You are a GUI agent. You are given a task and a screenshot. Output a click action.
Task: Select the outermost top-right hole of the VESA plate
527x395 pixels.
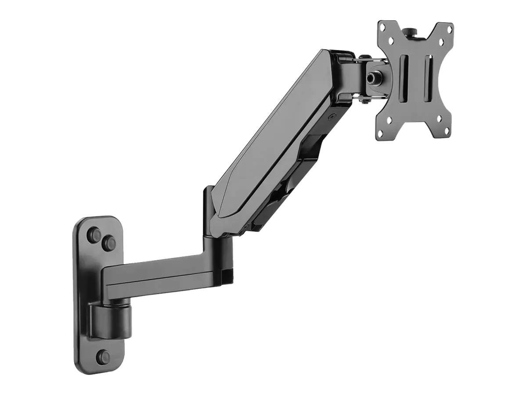click(x=449, y=29)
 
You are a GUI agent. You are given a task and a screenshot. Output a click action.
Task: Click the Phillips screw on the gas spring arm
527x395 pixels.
click(x=332, y=118)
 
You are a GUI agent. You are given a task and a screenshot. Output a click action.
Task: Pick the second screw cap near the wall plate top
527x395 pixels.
click(x=109, y=243)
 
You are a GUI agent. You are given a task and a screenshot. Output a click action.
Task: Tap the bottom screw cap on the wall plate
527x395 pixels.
click(x=104, y=356)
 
